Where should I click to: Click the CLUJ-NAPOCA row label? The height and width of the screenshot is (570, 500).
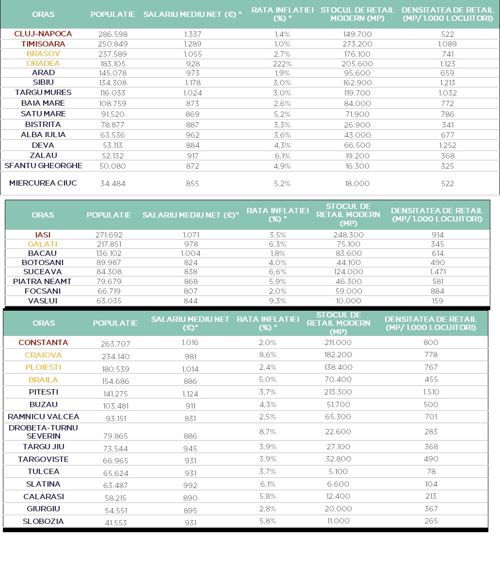coord(43,34)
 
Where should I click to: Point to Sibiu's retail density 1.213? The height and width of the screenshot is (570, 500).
coord(447,83)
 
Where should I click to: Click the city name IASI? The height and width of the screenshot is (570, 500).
coord(43,235)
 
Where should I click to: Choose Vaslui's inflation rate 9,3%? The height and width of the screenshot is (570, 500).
coord(277,301)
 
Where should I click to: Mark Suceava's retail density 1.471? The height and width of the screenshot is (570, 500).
coord(437,272)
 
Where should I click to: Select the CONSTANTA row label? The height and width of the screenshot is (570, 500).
coord(43,343)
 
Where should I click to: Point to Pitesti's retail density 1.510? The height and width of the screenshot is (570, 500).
coord(431,392)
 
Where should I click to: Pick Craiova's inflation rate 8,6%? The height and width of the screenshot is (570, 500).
coord(267,355)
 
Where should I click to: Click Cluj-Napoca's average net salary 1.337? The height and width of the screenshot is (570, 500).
coord(192,34)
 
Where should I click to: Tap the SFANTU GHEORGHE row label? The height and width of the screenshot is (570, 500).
coord(43,166)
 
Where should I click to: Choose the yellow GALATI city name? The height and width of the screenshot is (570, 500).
coord(43,244)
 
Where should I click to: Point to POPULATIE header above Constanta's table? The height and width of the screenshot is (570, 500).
coord(115,323)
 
